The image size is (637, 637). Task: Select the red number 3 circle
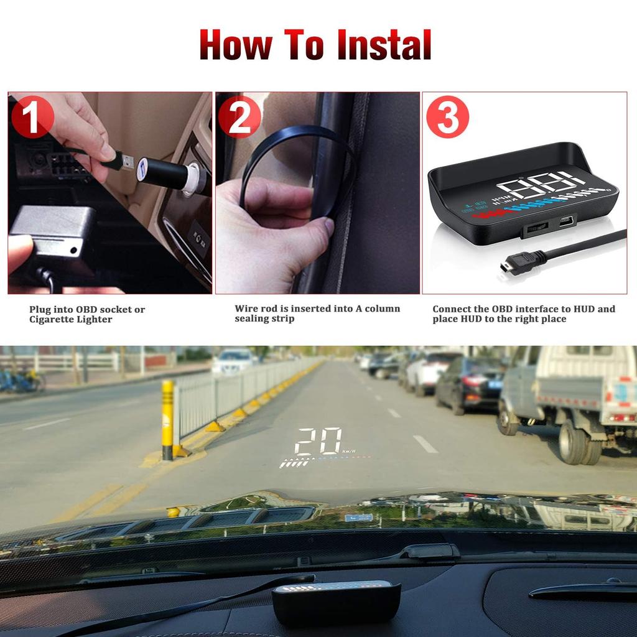click(x=447, y=116)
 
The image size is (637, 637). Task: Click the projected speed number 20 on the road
click(x=318, y=441)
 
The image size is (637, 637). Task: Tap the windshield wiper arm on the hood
click(x=429, y=551)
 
